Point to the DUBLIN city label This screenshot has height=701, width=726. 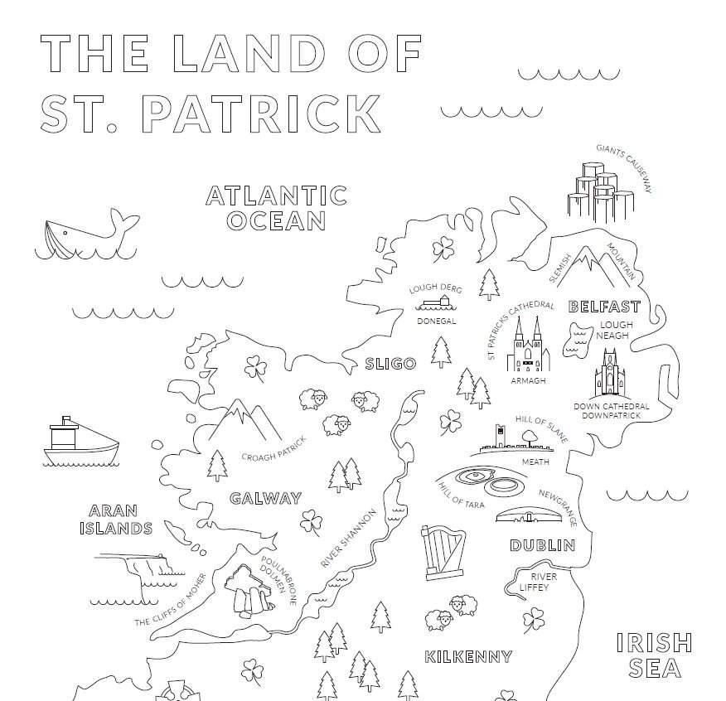(x=542, y=545)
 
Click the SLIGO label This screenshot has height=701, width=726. (x=390, y=364)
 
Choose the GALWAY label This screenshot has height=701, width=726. (x=265, y=498)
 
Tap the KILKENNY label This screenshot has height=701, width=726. (x=468, y=656)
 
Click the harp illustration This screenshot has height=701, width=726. (x=440, y=551)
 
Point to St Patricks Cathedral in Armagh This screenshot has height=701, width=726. (x=528, y=347)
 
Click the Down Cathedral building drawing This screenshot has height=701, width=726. (x=611, y=374)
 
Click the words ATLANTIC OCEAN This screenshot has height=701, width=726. (x=276, y=208)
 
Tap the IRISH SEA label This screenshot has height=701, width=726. (x=655, y=655)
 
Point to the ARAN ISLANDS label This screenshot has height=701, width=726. (x=121, y=520)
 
